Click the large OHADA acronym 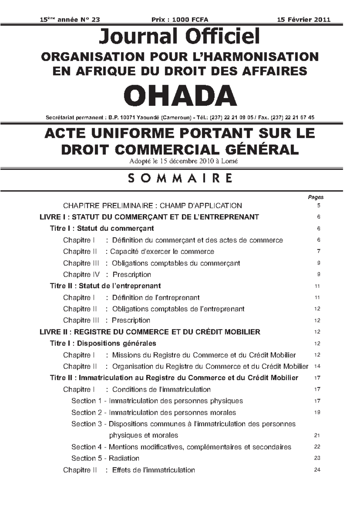(x=180, y=95)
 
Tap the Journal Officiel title (x=179, y=36)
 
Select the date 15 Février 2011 (x=303, y=20)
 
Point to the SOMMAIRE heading (x=180, y=178)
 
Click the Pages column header (x=316, y=197)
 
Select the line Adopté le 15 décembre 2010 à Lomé (x=183, y=161)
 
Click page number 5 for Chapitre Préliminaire (x=319, y=206)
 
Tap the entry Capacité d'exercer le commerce (x=162, y=251)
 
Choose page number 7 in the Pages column (x=319, y=251)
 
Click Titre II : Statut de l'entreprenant (x=105, y=286)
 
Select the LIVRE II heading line (x=150, y=332)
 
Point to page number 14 (x=317, y=366)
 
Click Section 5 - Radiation (x=105, y=458)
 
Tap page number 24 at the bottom (x=317, y=470)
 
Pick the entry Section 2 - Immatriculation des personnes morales (x=154, y=413)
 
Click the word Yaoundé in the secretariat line (x=148, y=118)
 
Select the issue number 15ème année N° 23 (x=70, y=20)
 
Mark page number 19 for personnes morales (x=317, y=412)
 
